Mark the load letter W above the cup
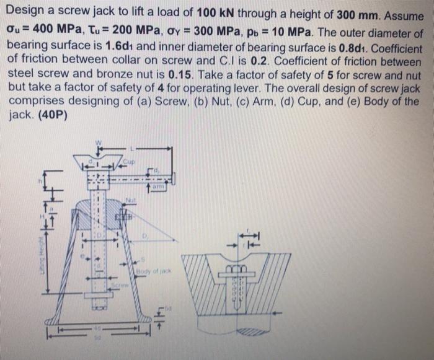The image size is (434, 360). (97, 142)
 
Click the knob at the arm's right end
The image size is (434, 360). (172, 178)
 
